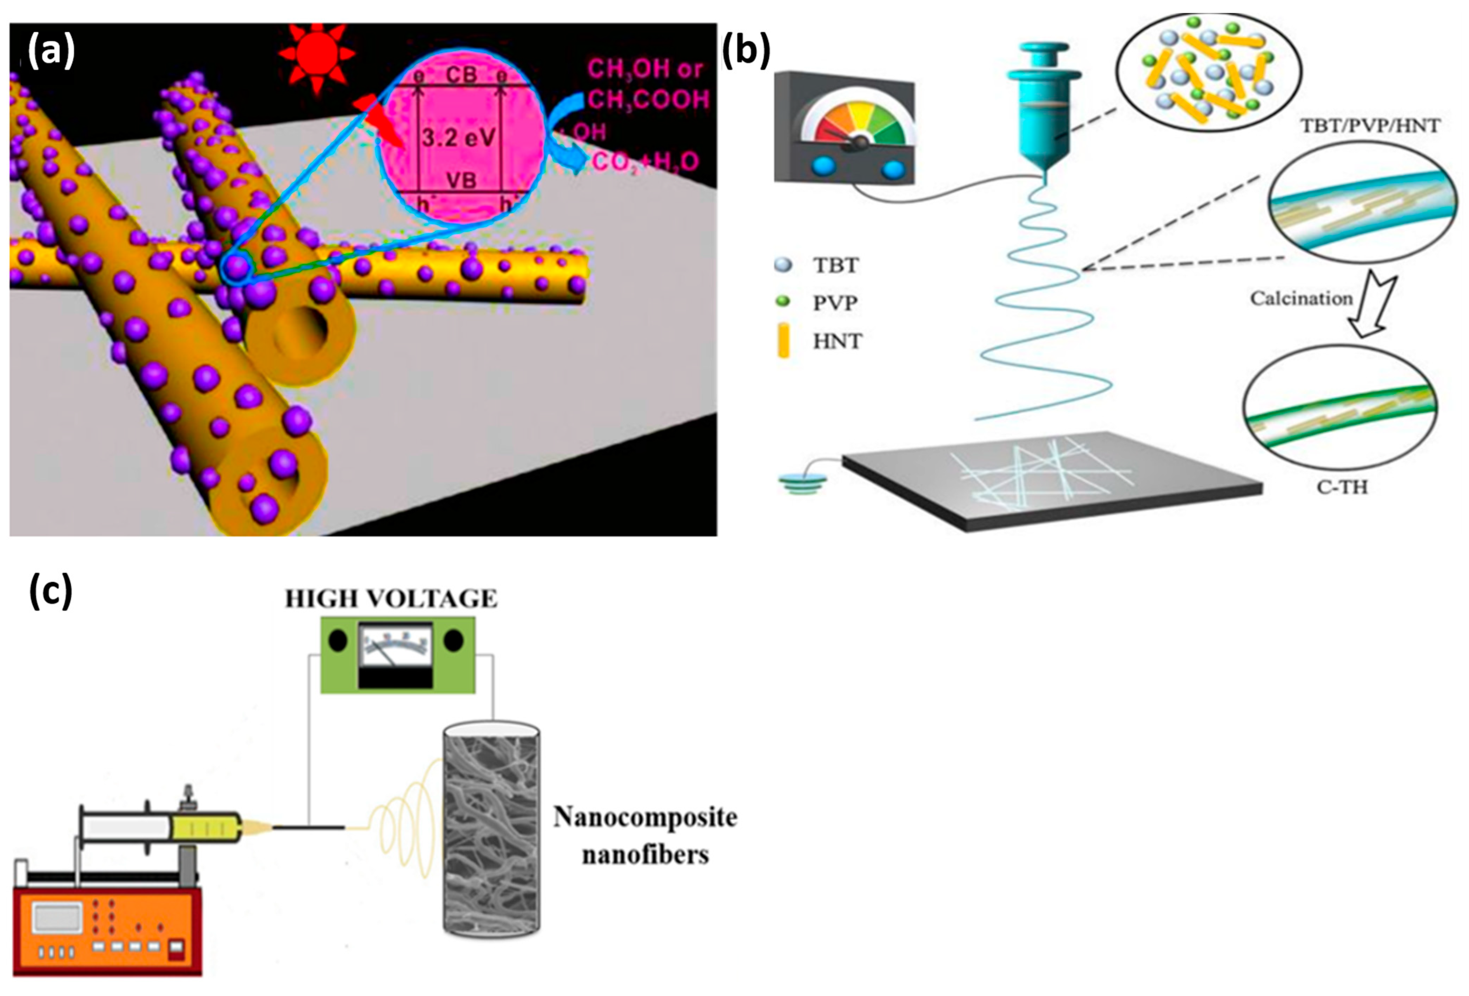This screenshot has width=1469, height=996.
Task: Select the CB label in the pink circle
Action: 461,75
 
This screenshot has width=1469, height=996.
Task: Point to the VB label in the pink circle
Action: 461,180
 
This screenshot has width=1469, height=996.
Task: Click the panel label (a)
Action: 51,51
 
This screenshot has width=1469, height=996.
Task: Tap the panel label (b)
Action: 746,51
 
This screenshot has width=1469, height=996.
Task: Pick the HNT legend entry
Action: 836,342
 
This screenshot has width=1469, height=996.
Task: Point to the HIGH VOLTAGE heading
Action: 391,598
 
